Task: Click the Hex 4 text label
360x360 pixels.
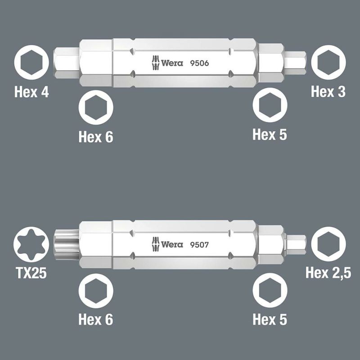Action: coord(31,92)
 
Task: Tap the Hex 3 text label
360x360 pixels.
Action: coord(328,92)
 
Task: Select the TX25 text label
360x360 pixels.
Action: coord(31,273)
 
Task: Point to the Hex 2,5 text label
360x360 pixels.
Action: coord(328,273)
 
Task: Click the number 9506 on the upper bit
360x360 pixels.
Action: coord(199,63)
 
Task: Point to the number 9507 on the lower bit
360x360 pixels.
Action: coord(199,245)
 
